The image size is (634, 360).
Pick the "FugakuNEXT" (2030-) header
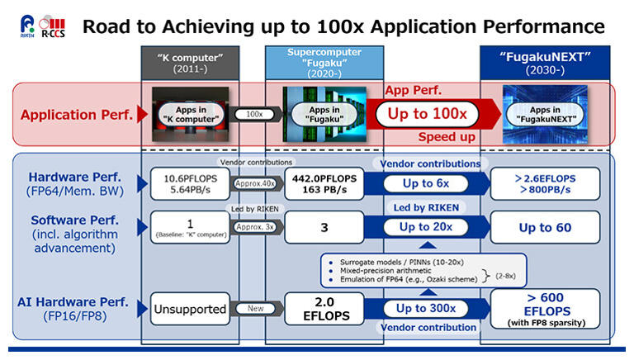coord(536,63)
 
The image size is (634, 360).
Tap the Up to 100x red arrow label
coord(428,115)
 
